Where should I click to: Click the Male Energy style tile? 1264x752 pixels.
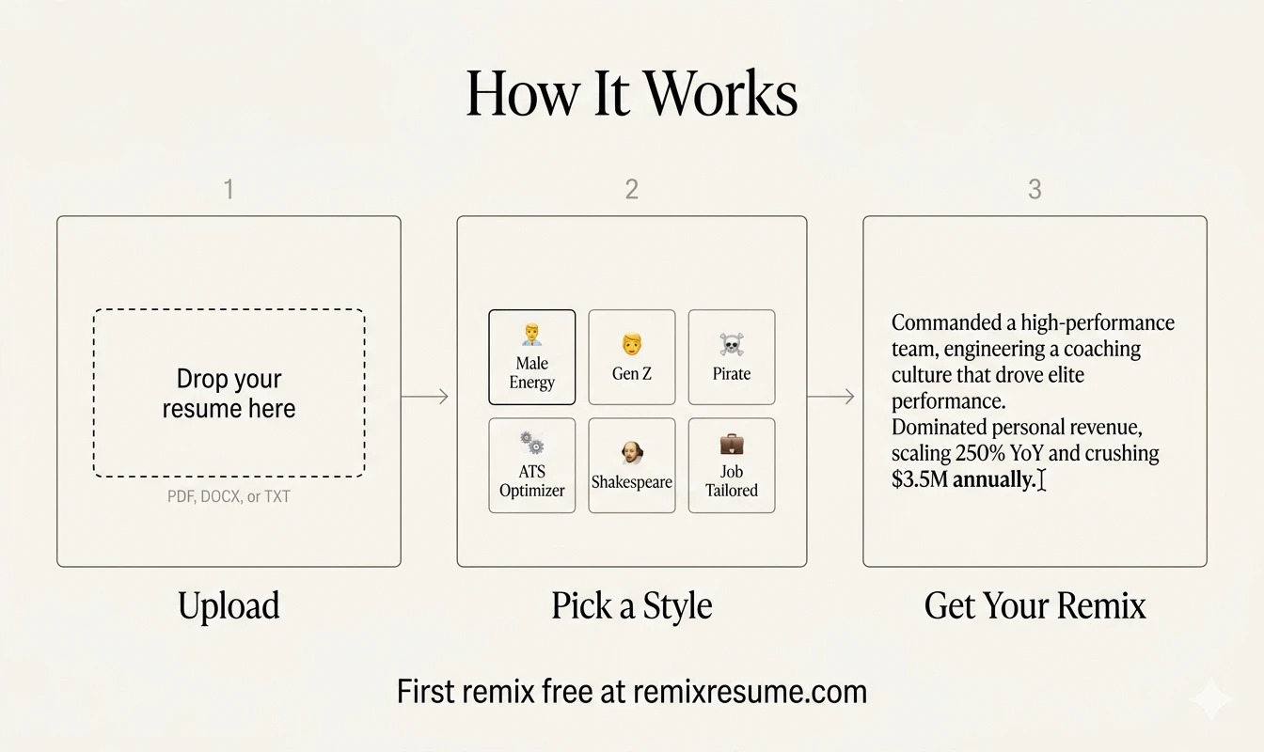click(x=532, y=357)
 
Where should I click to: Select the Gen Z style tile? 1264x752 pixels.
click(x=632, y=357)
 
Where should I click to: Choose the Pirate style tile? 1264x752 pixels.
click(x=732, y=357)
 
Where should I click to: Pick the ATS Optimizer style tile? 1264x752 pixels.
click(x=532, y=466)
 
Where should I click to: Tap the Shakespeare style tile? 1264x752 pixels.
click(x=632, y=466)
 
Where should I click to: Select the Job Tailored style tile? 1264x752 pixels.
click(x=732, y=466)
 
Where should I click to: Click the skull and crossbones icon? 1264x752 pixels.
click(x=732, y=344)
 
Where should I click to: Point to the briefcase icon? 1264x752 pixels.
click(x=732, y=444)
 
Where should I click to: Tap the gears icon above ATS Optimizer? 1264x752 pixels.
click(x=532, y=442)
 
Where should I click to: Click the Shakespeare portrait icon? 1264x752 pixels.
click(x=632, y=453)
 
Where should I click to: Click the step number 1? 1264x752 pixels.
click(x=229, y=190)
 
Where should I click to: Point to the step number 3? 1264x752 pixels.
click(x=1035, y=190)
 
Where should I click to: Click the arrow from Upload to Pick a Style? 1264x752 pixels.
click(x=425, y=396)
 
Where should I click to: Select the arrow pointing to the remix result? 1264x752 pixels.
click(x=831, y=396)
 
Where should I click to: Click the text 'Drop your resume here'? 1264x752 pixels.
click(x=229, y=394)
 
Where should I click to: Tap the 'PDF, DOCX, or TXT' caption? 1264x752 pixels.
click(x=229, y=496)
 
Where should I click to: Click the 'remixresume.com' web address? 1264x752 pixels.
click(x=750, y=692)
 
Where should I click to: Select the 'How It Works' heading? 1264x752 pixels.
click(x=632, y=94)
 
